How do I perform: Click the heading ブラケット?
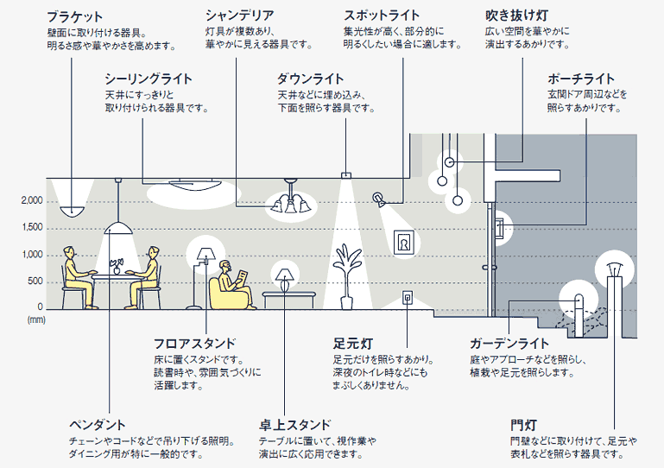(x=75, y=16)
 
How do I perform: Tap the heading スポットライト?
(x=381, y=16)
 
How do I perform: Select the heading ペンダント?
(x=98, y=424)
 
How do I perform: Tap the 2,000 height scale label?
(x=30, y=200)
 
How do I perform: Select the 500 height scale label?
(x=34, y=281)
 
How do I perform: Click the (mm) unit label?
(x=35, y=319)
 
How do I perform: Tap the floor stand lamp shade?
(x=205, y=253)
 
